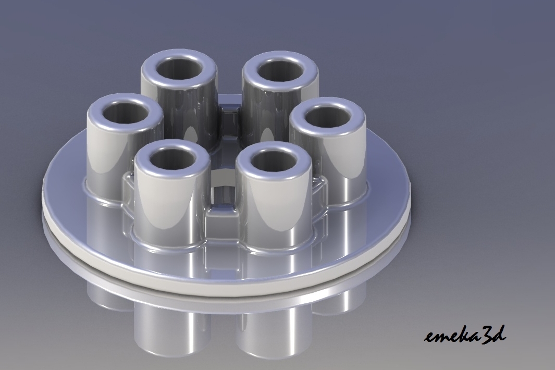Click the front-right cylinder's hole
pyautogui.click(x=273, y=158)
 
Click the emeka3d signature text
pyautogui.click(x=464, y=335)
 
